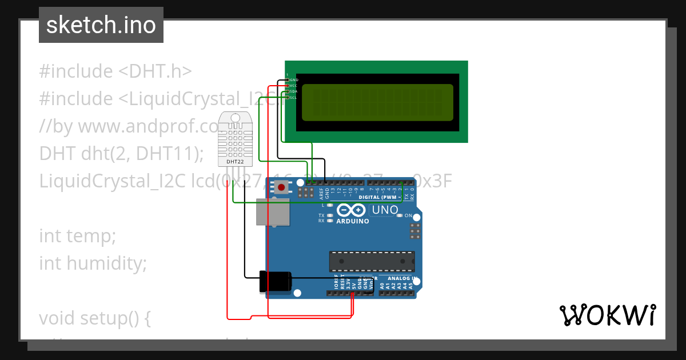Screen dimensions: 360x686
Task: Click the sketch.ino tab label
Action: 101,25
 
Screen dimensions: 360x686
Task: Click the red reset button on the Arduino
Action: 281,186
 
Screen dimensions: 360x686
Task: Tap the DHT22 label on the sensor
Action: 235,162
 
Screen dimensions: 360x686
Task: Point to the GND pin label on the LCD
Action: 294,80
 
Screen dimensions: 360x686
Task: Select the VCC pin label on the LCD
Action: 293,86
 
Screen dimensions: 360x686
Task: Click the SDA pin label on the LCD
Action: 293,91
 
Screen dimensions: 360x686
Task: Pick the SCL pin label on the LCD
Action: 293,98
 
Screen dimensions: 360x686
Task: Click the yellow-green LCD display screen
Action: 377,102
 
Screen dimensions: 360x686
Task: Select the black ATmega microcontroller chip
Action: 372,261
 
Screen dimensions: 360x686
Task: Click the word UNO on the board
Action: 385,210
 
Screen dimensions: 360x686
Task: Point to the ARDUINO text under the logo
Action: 353,221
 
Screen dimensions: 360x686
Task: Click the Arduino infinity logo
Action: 352,210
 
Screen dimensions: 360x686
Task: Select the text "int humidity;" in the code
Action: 93,263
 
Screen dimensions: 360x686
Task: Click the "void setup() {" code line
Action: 94,318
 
